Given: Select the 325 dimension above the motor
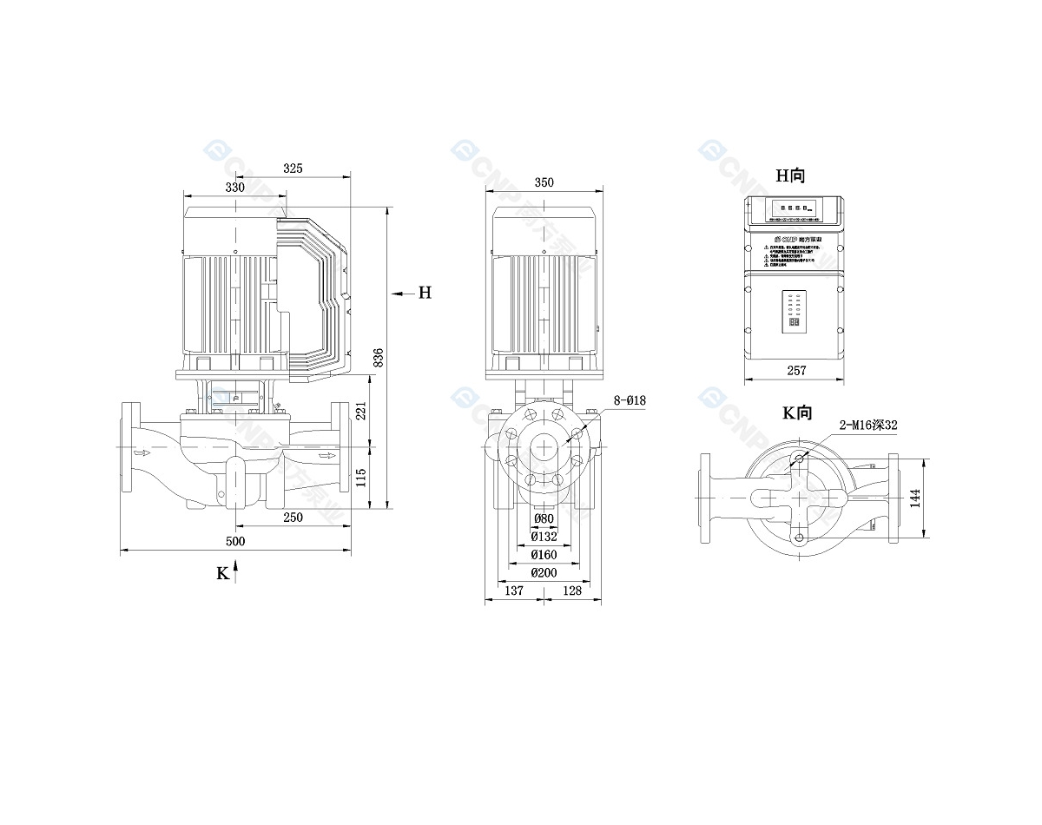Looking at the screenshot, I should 293,168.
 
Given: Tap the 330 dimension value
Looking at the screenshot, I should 235,187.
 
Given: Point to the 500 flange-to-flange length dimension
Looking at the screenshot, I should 235,541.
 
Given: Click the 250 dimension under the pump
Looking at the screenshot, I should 293,518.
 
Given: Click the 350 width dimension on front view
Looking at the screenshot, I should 544,182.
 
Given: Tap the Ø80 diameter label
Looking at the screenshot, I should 544,518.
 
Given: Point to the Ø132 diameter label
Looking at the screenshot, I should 544,537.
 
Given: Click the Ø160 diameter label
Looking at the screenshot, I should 544,554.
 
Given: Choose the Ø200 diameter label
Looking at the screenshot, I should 544,572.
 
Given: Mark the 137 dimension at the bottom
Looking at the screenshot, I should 514,591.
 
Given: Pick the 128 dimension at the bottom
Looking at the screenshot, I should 572,591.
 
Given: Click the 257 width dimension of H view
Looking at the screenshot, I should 796,371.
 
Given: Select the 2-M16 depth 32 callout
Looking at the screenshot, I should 867,425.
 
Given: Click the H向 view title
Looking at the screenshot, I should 790,175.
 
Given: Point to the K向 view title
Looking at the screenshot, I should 796,412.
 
